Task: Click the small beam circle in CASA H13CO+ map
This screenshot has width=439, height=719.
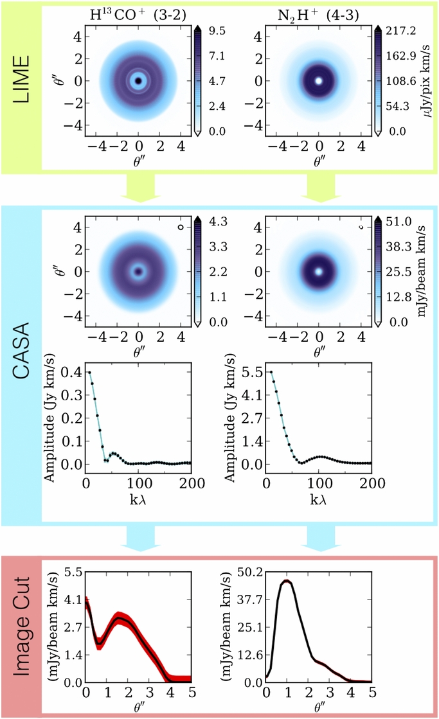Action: coord(182,227)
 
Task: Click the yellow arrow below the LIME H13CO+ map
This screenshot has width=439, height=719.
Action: coord(139,185)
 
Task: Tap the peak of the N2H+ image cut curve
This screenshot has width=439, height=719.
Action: coord(286,582)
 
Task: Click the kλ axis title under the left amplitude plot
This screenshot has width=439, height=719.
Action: coord(139,499)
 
